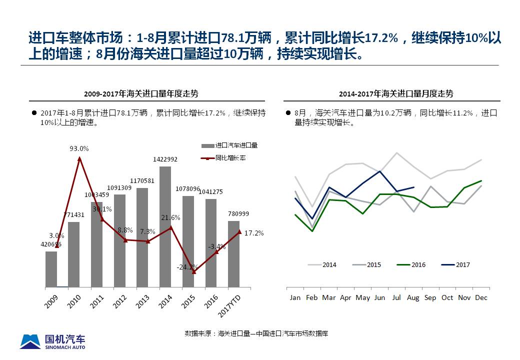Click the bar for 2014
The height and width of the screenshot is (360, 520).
coord(165,227)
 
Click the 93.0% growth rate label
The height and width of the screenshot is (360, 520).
coord(79,148)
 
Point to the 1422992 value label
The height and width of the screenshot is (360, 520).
coord(165,159)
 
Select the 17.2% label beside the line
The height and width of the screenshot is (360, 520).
coord(254,233)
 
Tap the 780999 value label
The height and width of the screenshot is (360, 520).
coord(238,214)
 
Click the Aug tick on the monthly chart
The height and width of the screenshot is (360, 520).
coord(413,297)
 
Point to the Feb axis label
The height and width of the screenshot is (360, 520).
coord(311,297)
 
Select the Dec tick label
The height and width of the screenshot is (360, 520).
coord(481,297)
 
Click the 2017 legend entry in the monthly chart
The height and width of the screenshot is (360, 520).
coord(456,265)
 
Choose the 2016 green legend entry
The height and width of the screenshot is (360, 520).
coord(411,265)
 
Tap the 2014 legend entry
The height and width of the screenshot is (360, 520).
coord(322,265)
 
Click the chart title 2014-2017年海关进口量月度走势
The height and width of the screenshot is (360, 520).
coord(396,94)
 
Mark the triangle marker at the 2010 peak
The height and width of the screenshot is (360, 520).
coord(79,159)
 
